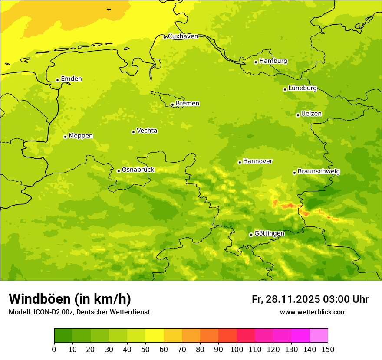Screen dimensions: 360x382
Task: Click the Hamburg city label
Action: coord(273,61)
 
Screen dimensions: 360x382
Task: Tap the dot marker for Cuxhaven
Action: coord(165,37)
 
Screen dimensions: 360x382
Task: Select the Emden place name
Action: coord(71,79)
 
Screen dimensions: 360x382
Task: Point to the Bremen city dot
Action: coord(172,105)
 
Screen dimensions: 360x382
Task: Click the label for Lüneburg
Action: coord(302,88)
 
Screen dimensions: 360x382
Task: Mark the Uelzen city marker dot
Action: coord(298,115)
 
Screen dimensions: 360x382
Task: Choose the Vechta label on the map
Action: coord(147,131)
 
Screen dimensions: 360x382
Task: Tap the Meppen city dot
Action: coord(65,137)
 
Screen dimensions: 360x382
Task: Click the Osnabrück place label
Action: coord(138,170)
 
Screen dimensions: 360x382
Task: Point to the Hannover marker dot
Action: coord(240,162)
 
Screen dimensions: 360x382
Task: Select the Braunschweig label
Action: coord(319,171)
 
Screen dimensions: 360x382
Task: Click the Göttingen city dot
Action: coord(251,235)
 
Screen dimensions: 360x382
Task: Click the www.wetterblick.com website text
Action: coord(313,312)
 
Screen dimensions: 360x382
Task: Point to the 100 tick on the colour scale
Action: coord(237,349)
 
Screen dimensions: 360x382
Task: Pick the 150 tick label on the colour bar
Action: coord(327,349)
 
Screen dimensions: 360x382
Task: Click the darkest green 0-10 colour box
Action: coord(63,336)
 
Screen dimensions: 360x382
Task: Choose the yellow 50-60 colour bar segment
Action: coord(155,336)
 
